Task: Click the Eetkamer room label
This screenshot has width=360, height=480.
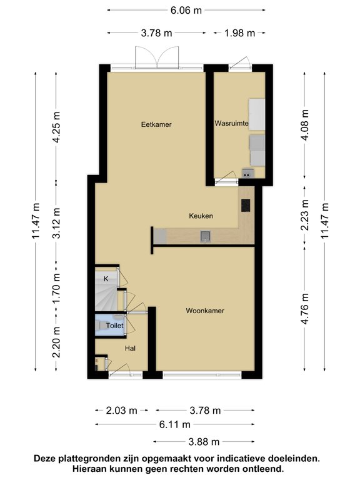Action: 156,124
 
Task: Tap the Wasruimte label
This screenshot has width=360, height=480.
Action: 231,124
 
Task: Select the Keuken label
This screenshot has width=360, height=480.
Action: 201,216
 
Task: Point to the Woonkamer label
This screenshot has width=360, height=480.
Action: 205,311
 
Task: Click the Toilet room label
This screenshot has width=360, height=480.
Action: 114,326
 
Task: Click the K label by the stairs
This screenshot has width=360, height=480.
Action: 106,279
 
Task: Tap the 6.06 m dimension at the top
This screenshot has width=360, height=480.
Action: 186,10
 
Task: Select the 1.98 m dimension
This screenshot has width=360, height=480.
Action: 239,33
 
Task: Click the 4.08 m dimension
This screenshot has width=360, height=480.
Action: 304,127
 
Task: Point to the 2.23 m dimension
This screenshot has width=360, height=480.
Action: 304,215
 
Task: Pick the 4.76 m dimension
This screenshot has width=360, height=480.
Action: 304,309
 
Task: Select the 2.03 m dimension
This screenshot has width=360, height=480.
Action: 121,411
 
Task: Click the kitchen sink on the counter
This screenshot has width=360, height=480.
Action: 204,236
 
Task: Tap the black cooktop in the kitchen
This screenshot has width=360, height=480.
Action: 245,205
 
